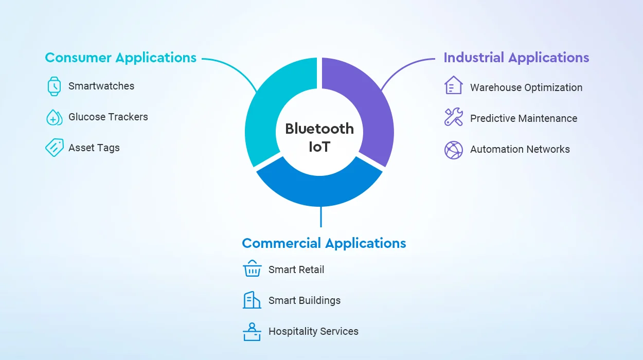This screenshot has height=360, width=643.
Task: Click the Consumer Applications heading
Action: tap(120, 58)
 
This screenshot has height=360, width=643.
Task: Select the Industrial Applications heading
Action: tap(516, 58)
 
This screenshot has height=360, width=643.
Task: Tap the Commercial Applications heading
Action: tap(324, 243)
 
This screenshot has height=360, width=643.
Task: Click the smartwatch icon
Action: tap(54, 86)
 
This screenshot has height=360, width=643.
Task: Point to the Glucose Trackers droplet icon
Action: tap(54, 117)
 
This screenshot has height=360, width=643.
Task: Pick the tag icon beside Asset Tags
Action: tap(54, 148)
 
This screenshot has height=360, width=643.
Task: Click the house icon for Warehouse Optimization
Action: tap(454, 85)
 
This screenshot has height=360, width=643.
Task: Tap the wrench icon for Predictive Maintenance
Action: tap(454, 117)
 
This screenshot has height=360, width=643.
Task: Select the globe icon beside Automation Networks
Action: tap(454, 150)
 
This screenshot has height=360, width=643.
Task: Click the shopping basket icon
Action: tap(252, 268)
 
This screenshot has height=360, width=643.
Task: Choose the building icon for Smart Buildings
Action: tap(252, 300)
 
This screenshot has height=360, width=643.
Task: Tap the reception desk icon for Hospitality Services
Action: tap(252, 332)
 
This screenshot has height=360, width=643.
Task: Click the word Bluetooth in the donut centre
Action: tap(319, 129)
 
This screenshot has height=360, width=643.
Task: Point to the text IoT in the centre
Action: tap(319, 147)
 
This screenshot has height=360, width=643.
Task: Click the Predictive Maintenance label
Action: tap(524, 118)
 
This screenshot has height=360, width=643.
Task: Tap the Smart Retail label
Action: tap(296, 269)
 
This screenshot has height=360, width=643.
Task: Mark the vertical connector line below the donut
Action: tap(321, 217)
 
